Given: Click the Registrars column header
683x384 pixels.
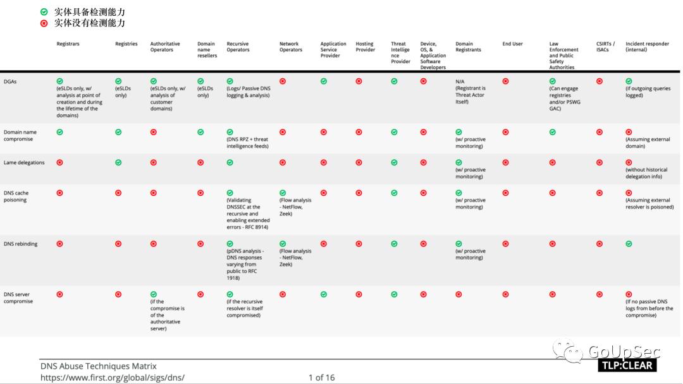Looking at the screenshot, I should click(68, 44).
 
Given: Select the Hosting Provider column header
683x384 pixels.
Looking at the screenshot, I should click(365, 47).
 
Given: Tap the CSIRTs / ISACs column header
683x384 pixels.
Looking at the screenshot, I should click(605, 47).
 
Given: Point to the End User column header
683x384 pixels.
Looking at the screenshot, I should click(512, 44).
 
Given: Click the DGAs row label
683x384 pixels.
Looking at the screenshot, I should click(11, 81).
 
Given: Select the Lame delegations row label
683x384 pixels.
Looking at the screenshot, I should click(24, 162).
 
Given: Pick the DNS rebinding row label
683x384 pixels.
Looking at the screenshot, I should click(20, 244).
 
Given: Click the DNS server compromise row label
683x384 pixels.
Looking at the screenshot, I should click(18, 297).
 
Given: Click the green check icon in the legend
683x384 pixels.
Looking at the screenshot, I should click(44, 12).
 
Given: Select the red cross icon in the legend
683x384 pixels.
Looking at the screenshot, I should click(44, 23).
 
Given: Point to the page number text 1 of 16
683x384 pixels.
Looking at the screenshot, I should click(321, 378).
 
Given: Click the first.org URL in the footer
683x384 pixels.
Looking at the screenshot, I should click(112, 378).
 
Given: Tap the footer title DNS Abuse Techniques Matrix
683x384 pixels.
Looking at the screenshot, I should click(98, 366).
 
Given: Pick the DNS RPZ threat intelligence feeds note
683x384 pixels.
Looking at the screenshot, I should click(248, 143).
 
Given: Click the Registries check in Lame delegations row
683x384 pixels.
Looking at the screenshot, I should click(118, 162).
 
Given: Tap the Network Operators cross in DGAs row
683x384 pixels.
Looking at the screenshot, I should click(283, 81).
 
